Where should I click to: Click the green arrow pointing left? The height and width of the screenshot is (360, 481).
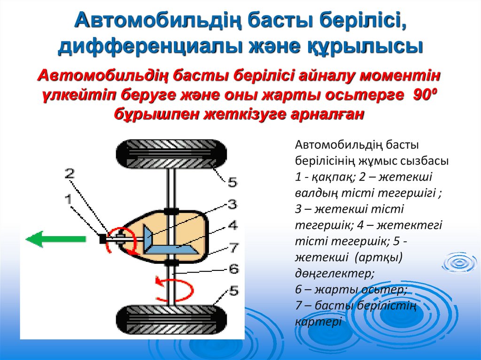55,239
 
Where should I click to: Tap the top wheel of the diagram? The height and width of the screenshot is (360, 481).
171,154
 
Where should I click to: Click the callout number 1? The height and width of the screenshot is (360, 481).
69,199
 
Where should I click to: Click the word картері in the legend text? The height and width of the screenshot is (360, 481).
318,323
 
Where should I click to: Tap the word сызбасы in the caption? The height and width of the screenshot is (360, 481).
424,161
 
